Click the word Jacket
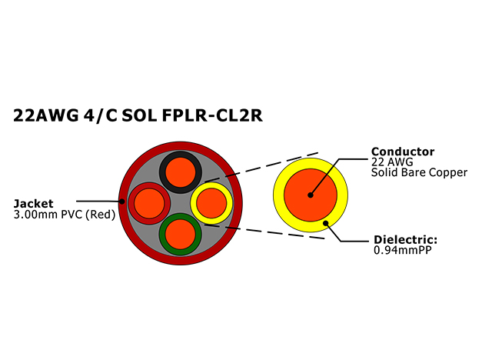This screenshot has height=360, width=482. (x=34, y=204)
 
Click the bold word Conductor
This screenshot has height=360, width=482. (x=403, y=152)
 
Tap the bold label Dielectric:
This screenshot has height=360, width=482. (x=405, y=239)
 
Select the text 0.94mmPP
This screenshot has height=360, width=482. (x=403, y=250)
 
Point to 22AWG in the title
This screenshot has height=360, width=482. (x=46, y=115)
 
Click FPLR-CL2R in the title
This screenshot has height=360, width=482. (x=212, y=115)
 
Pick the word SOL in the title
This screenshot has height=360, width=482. (x=139, y=115)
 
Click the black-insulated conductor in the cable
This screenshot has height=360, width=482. (x=181, y=172)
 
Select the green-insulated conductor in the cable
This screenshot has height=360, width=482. (x=181, y=234)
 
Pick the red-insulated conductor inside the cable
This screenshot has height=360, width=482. (x=149, y=203)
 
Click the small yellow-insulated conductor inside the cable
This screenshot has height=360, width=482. (x=211, y=203)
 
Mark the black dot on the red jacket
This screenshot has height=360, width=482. (x=122, y=202)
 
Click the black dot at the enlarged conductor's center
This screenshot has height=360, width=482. (x=311, y=195)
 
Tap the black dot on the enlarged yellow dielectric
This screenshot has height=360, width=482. (x=326, y=223)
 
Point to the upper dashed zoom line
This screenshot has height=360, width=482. (x=261, y=167)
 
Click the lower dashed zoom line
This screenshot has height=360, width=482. (x=264, y=232)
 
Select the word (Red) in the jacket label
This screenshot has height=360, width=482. (x=100, y=215)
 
